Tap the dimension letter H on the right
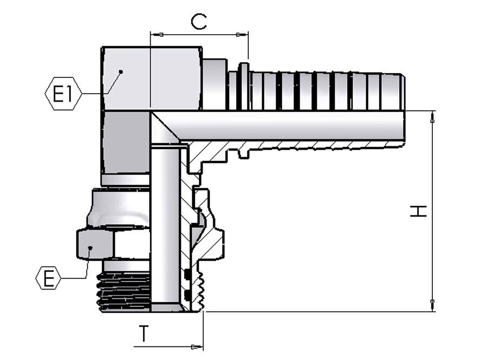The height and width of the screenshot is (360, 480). pyautogui.click(x=418, y=211)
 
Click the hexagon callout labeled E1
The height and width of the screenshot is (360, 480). pyautogui.click(x=63, y=94)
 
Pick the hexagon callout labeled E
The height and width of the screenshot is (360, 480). pyautogui.click(x=49, y=278)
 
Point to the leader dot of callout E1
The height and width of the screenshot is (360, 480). pyautogui.click(x=121, y=72)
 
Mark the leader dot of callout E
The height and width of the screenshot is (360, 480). pyautogui.click(x=90, y=247)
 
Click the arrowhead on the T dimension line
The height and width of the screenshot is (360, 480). pyautogui.click(x=197, y=347)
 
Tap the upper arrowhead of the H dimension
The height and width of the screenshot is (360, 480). pyautogui.click(x=432, y=117)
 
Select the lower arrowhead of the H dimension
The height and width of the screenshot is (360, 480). pyautogui.click(x=432, y=305)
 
